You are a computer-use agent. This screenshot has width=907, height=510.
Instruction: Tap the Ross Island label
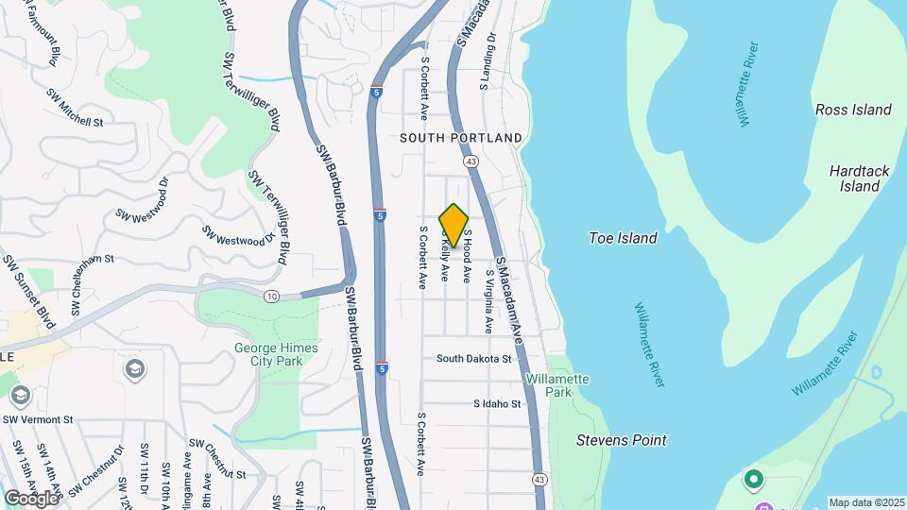coord(853,110)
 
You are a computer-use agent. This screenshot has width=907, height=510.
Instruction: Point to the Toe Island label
coord(623,238)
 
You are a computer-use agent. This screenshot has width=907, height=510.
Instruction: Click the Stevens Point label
coord(622,440)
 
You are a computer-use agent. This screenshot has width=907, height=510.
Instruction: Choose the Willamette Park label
coord(557,385)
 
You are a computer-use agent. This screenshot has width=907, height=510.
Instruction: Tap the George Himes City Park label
coord(276,354)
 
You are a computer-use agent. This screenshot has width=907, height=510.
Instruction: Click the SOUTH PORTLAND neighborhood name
coord(460,138)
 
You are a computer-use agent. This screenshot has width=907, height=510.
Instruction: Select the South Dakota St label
coord(473,359)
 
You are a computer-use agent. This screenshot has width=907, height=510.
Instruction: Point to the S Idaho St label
coord(497,404)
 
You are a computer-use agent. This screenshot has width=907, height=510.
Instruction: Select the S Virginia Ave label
coord(489,301)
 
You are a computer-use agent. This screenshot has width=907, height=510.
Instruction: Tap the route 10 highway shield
coord(272,297)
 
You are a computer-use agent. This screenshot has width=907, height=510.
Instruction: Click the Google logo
coord(32,498)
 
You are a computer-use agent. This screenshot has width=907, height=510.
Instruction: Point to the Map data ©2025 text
coord(866,502)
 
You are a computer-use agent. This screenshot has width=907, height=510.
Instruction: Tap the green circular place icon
coord(754,480)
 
